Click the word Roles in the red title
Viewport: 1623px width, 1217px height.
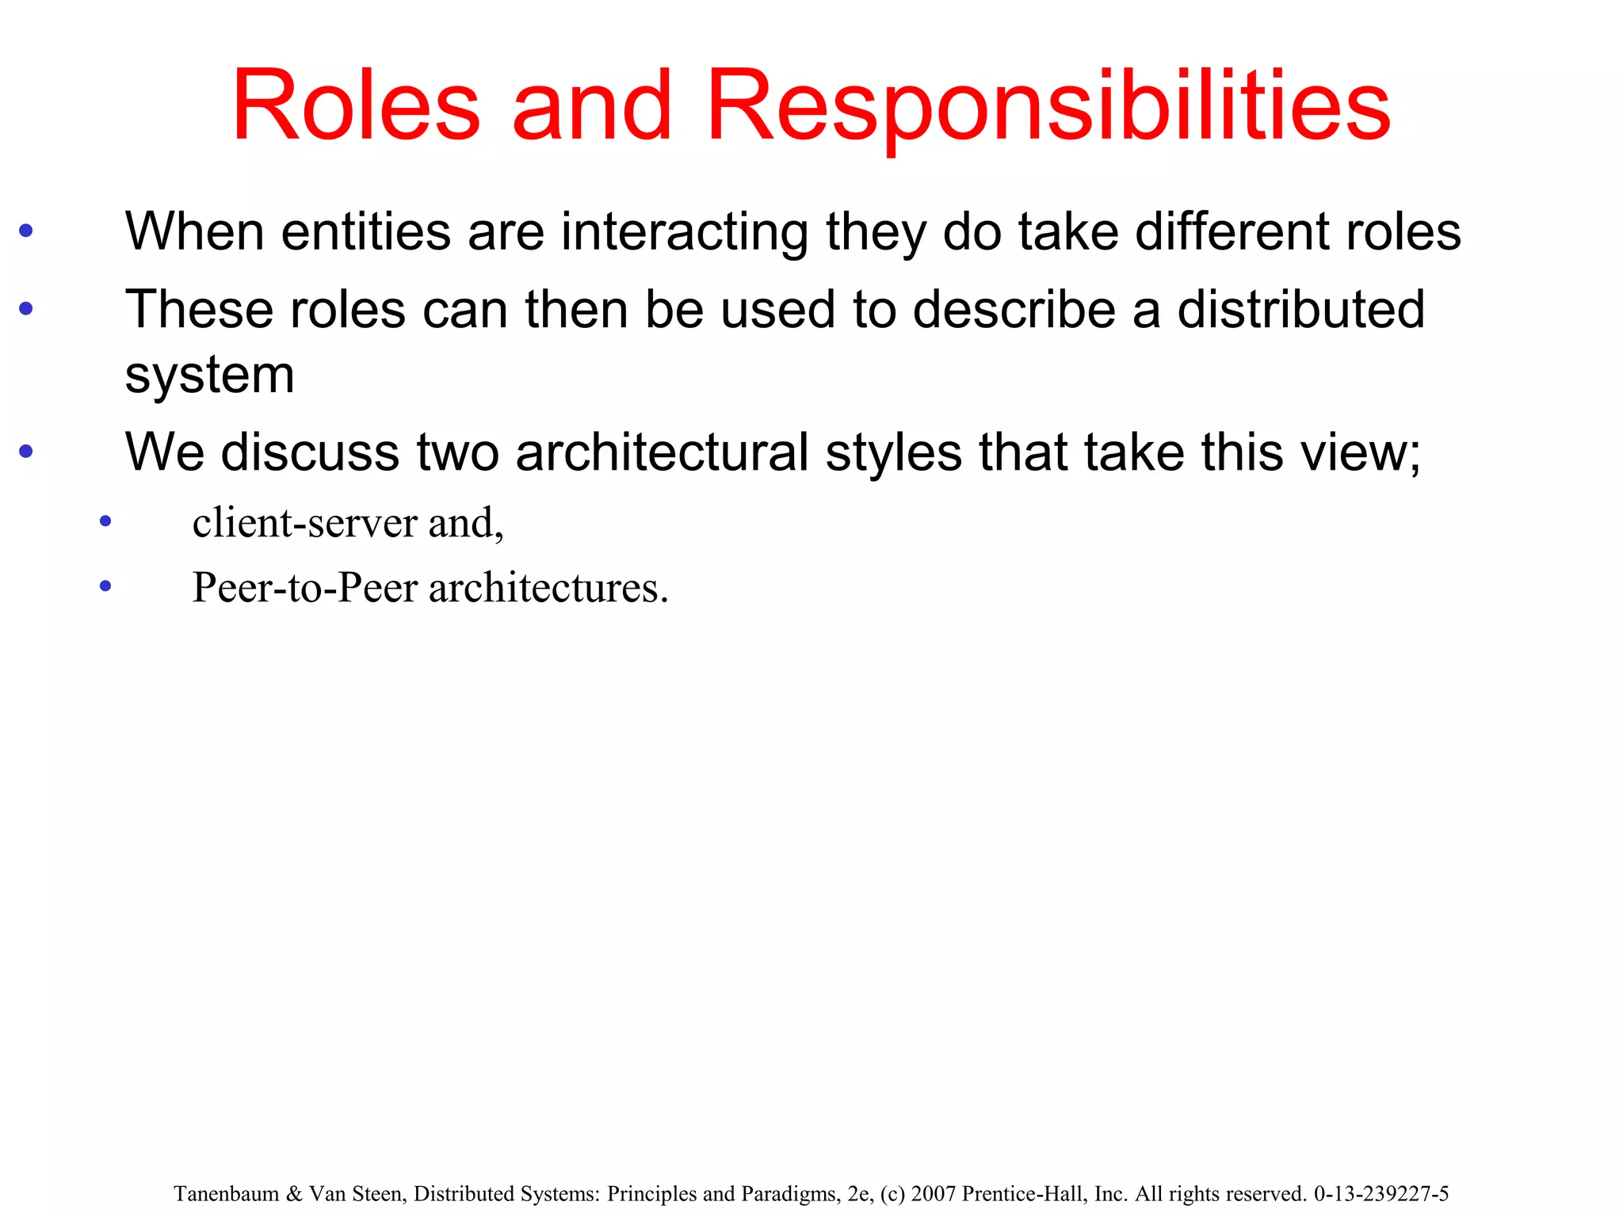click(356, 106)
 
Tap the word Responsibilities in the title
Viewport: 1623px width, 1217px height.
click(1048, 106)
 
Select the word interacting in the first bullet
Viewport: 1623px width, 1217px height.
click(685, 231)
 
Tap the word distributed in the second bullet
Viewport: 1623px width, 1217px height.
click(1300, 309)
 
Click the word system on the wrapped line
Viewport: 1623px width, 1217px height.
click(210, 374)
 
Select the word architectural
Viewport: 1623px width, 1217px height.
click(662, 452)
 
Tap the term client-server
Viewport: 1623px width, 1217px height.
click(305, 523)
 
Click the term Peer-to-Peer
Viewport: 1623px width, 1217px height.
click(305, 588)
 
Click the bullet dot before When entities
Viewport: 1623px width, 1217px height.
click(26, 231)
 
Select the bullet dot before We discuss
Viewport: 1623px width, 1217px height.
click(26, 452)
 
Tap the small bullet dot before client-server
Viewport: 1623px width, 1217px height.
click(105, 522)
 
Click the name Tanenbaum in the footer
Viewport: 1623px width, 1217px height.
click(226, 1194)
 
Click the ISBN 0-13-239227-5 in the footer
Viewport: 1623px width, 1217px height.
click(1381, 1194)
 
